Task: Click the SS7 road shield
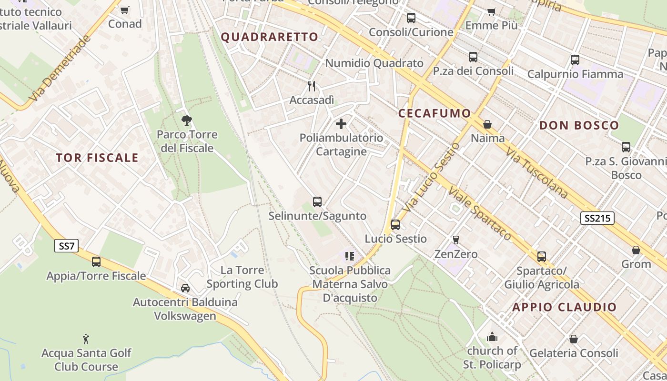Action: tap(66, 246)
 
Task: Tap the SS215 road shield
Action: tap(597, 219)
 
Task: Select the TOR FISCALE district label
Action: tap(97, 158)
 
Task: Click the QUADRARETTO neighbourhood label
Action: tap(270, 37)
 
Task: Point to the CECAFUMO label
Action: tap(435, 113)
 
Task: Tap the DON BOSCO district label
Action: tap(579, 125)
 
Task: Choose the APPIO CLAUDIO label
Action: tap(565, 307)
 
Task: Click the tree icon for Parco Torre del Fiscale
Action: tap(187, 120)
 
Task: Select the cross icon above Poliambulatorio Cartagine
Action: tap(341, 124)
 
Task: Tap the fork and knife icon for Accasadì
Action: tap(312, 86)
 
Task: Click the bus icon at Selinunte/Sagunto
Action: tap(317, 202)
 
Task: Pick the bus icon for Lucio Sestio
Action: tap(395, 225)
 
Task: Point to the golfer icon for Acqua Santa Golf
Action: tap(86, 339)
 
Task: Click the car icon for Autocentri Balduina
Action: tap(185, 288)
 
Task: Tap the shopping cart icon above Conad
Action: tap(125, 10)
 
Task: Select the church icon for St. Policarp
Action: tap(492, 337)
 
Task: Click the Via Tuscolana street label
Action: tap(537, 172)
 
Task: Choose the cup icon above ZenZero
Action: tap(456, 240)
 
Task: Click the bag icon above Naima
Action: tap(487, 124)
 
